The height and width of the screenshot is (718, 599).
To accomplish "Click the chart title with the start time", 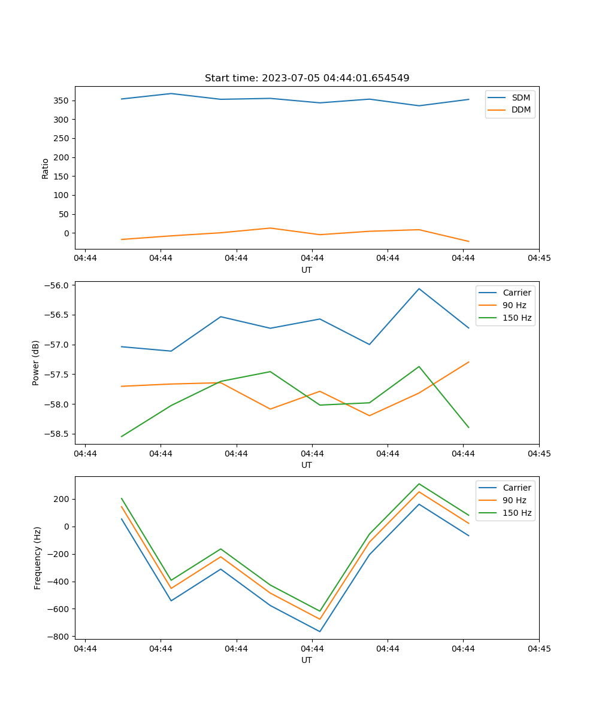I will click(x=307, y=78).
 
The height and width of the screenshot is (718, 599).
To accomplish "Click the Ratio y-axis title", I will click(x=46, y=168).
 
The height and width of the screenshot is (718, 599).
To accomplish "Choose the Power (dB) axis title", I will click(x=36, y=363).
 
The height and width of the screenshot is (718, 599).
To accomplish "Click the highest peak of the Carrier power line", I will click(x=419, y=289).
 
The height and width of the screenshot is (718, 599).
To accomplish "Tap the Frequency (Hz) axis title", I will click(x=37, y=558).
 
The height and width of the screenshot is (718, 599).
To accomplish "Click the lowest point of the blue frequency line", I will click(x=320, y=631).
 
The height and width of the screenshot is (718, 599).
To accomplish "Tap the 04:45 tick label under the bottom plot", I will click(x=539, y=649).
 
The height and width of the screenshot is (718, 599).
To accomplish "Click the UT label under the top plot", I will click(x=307, y=270).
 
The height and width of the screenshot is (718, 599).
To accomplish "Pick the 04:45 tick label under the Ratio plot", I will click(x=539, y=258).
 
